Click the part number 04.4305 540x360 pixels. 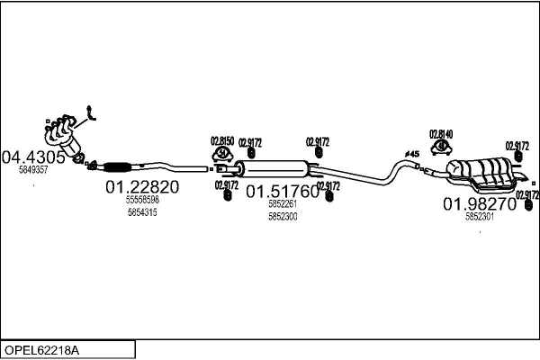34,157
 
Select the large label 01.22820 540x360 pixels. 142,187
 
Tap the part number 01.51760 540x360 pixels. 283,192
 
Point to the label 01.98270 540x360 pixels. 479,204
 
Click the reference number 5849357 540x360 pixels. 33,169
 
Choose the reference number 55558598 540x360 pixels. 142,200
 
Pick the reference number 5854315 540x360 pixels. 142,212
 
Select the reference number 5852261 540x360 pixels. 283,204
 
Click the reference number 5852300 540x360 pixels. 283,216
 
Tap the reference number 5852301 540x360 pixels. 479,217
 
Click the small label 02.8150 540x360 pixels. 222,140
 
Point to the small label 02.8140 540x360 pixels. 441,133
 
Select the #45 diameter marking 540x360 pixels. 413,154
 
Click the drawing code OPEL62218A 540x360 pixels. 42,348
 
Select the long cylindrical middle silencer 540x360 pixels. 276,168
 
